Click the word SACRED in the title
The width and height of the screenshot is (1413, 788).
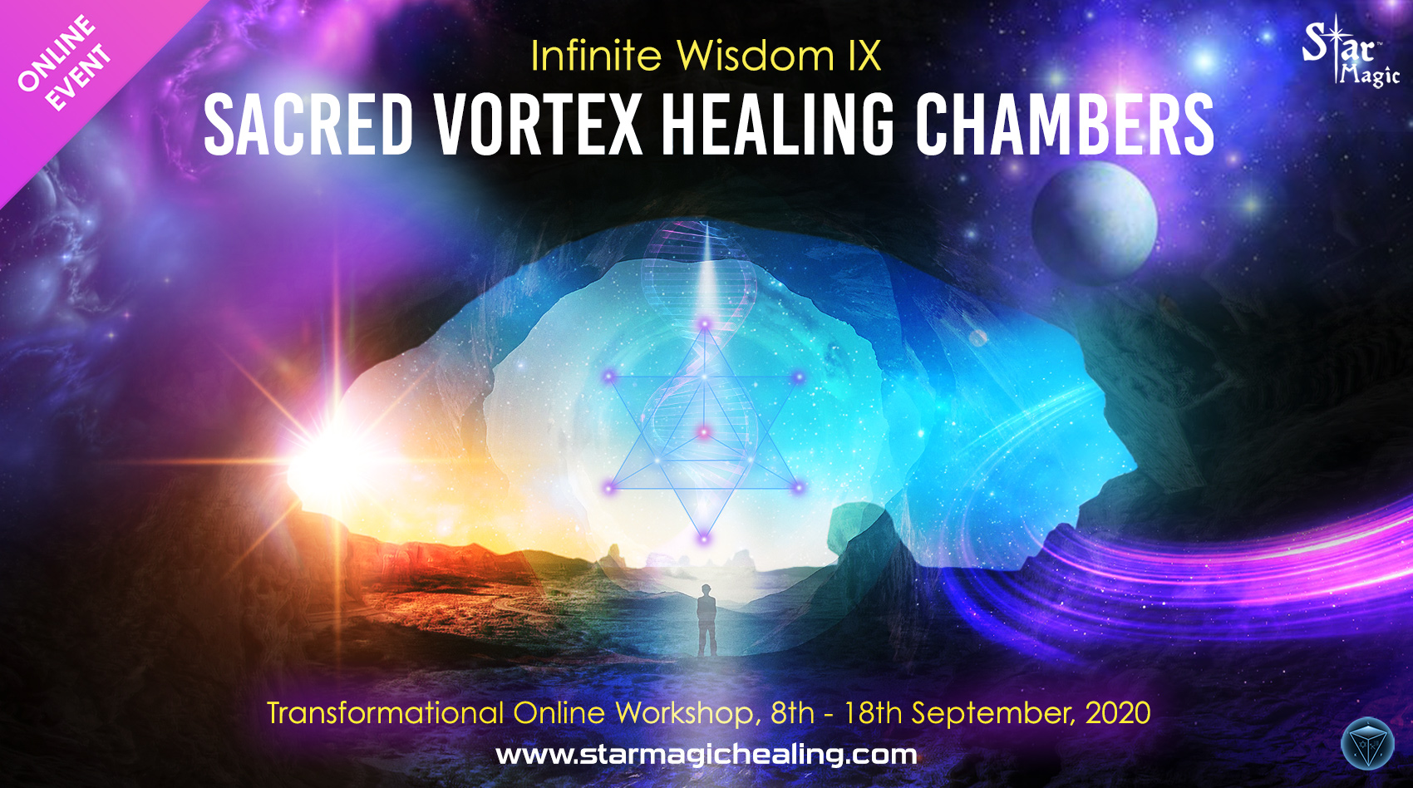pyautogui.click(x=308, y=124)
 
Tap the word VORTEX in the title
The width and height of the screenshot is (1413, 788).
pyautogui.click(x=538, y=124)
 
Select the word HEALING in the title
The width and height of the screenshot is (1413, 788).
pyautogui.click(x=779, y=124)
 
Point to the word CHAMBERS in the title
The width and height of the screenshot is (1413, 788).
pyautogui.click(x=1064, y=124)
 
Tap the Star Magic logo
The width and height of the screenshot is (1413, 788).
pyautogui.click(x=1351, y=52)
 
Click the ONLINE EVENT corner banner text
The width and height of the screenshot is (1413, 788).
pyautogui.click(x=64, y=62)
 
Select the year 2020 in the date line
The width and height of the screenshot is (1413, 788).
pyautogui.click(x=1118, y=713)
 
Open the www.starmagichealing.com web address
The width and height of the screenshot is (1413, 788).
pyautogui.click(x=706, y=756)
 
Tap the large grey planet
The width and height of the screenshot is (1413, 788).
pyautogui.click(x=1095, y=222)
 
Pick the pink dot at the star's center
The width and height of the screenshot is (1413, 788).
pyautogui.click(x=704, y=432)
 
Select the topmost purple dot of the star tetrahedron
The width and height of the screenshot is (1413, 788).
pyautogui.click(x=705, y=324)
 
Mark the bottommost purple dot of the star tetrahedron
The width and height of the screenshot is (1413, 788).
pyautogui.click(x=703, y=539)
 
